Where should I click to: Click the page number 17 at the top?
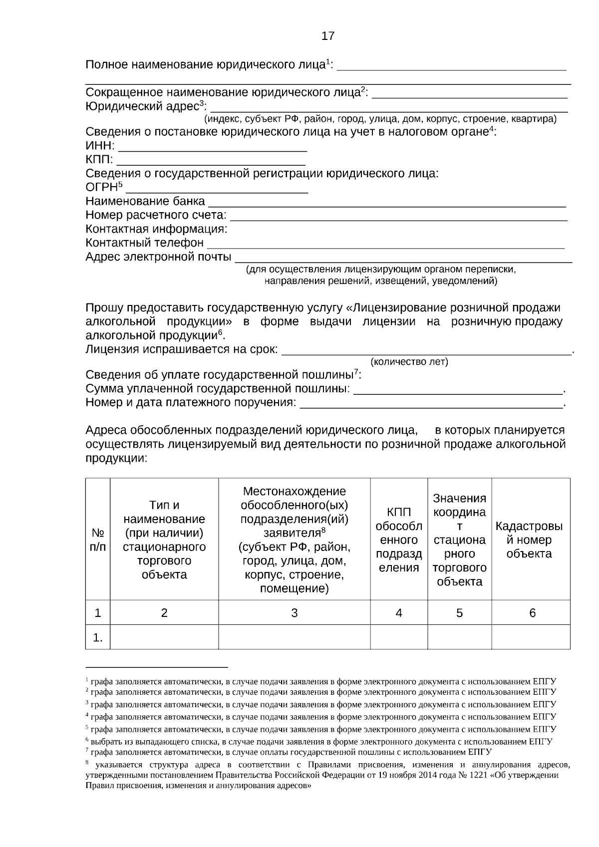click(328, 36)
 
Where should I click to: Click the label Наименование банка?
click(145, 201)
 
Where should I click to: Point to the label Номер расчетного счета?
click(156, 215)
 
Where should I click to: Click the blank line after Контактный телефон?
click(385, 244)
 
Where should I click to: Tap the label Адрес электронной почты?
click(158, 257)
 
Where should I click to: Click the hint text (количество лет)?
click(409, 361)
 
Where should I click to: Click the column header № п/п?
click(98, 540)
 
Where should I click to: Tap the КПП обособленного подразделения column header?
click(398, 540)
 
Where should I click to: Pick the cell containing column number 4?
click(398, 613)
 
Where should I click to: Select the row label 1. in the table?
click(98, 637)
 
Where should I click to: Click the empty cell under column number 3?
click(294, 637)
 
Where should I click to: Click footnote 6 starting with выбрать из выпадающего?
click(319, 742)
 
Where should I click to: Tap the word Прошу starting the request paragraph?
click(102, 308)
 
